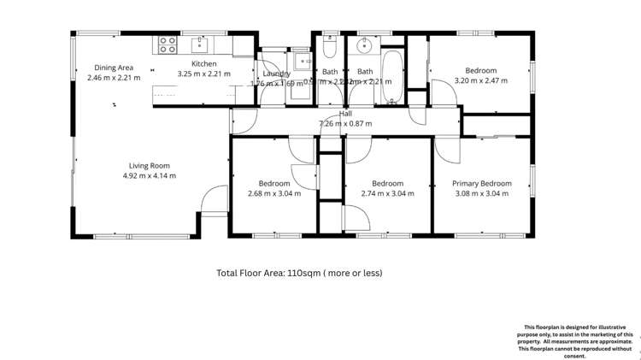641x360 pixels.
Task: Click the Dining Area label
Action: coord(114,68)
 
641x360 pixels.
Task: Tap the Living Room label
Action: coord(150,166)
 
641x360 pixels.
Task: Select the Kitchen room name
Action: coord(203,64)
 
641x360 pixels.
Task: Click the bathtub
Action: coord(391,75)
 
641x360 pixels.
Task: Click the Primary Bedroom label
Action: coord(482,184)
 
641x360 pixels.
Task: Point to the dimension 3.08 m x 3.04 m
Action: coord(482,193)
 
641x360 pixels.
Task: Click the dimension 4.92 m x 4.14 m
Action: coord(150,176)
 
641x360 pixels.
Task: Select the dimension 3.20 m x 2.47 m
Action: coord(481,80)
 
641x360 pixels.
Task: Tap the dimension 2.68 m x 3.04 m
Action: coord(274,193)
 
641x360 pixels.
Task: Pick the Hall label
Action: coord(345,114)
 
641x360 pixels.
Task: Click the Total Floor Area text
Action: coord(299,273)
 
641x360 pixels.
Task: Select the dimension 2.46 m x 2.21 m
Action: coord(114,78)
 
